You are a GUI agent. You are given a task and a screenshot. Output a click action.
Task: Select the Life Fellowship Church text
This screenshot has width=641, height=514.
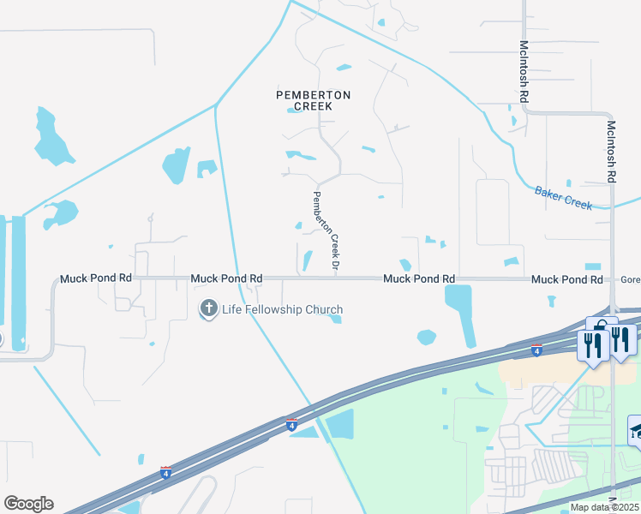pyautogui.click(x=282, y=309)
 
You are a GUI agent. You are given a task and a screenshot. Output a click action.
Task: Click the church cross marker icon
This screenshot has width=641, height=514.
pyautogui.click(x=208, y=309)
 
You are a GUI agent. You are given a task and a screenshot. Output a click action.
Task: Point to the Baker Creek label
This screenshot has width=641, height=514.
pyautogui.click(x=563, y=199)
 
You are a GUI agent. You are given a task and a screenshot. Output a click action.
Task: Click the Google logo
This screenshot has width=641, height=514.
pyautogui.click(x=28, y=504)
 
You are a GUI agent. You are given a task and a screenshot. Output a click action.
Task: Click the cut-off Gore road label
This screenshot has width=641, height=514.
pyautogui.click(x=631, y=279)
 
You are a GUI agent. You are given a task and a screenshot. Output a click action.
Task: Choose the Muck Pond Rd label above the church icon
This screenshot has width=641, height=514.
pyautogui.click(x=226, y=278)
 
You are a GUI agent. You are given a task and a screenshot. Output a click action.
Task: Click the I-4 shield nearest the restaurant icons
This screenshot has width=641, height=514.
pyautogui.click(x=536, y=350)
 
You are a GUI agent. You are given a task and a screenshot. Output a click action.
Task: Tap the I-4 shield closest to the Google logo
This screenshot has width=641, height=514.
pyautogui.click(x=165, y=472)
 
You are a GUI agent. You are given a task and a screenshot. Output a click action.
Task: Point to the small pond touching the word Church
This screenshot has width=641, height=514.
pyautogui.click(x=335, y=320)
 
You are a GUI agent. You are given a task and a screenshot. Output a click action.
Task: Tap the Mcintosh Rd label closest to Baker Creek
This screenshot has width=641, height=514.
pyautogui.click(x=611, y=150)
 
